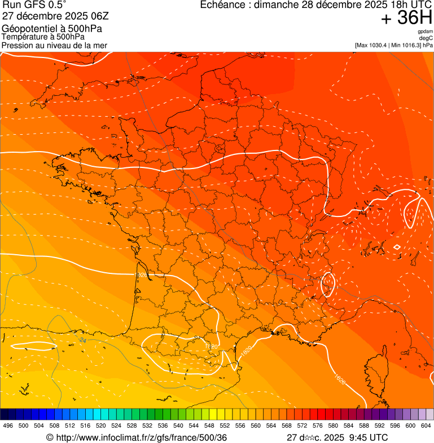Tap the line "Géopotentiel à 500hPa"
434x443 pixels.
point(52,29)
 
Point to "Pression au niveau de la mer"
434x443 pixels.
point(54,45)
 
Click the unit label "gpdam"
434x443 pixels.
point(425,32)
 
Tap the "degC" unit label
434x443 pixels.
point(426,38)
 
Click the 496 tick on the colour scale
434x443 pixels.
point(8,426)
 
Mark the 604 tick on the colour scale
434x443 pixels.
point(426,426)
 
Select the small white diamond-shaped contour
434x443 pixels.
point(397,247)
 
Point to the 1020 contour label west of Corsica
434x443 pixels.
point(339,378)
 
